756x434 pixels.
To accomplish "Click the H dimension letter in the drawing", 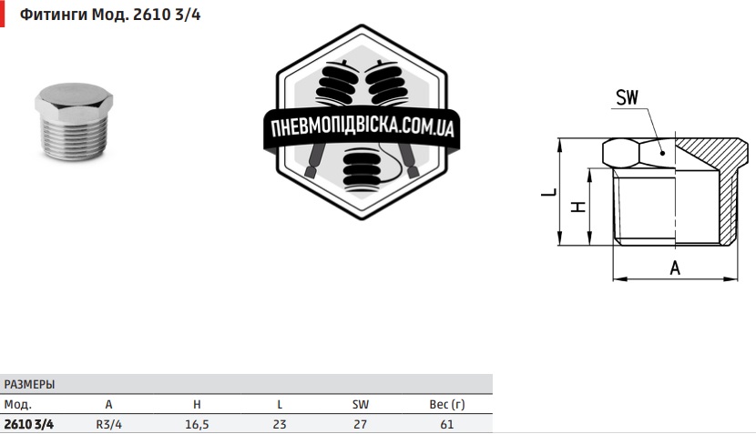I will [x=577, y=206].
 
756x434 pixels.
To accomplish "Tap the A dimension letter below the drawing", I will [x=675, y=267].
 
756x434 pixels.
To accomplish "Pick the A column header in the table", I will [x=108, y=404].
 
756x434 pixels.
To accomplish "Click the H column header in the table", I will [x=197, y=404].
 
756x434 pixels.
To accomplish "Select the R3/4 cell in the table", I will [x=108, y=423].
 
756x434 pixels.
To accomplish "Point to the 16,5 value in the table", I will [x=197, y=423].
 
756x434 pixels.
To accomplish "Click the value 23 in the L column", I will [x=279, y=423].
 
